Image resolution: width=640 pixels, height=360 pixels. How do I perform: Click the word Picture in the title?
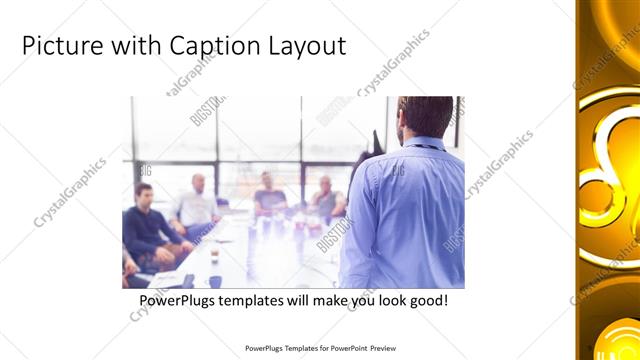tap(62, 46)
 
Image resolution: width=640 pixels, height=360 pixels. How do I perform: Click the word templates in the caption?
tap(259, 300)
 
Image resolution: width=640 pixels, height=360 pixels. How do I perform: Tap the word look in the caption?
tap(394, 300)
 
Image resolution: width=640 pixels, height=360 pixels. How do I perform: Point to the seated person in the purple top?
tap(268, 194)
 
